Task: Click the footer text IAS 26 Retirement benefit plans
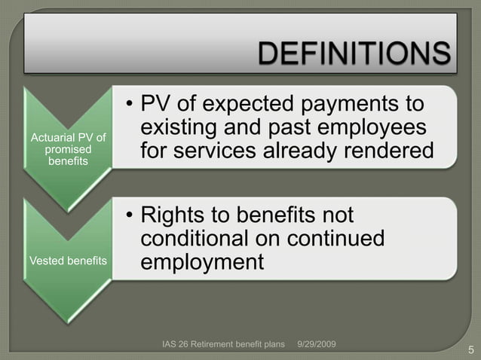pyautogui.click(x=226, y=344)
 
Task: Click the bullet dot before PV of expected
pyautogui.click(x=130, y=104)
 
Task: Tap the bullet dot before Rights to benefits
pyautogui.click(x=130, y=215)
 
